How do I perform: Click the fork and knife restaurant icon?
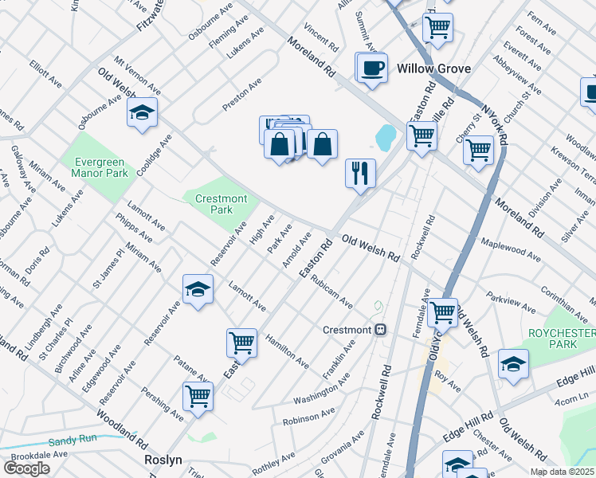360,173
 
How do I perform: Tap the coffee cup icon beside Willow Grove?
371,68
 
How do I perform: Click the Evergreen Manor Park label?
100,167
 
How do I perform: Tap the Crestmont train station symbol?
381,330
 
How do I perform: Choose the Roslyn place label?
164,460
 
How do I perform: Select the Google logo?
26,468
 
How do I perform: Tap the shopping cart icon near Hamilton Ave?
241,343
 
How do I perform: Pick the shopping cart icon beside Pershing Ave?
198,396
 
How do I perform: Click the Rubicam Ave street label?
331,292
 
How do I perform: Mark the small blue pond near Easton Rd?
385,138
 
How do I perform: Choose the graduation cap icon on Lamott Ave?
198,290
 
